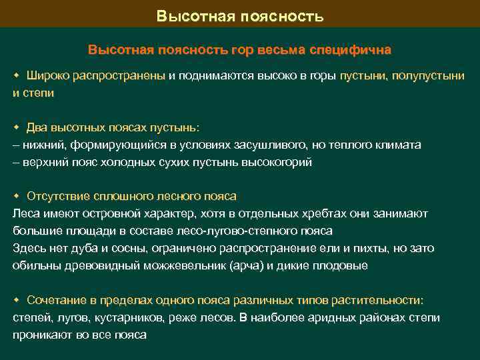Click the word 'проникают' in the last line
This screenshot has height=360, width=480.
click(x=43, y=335)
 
